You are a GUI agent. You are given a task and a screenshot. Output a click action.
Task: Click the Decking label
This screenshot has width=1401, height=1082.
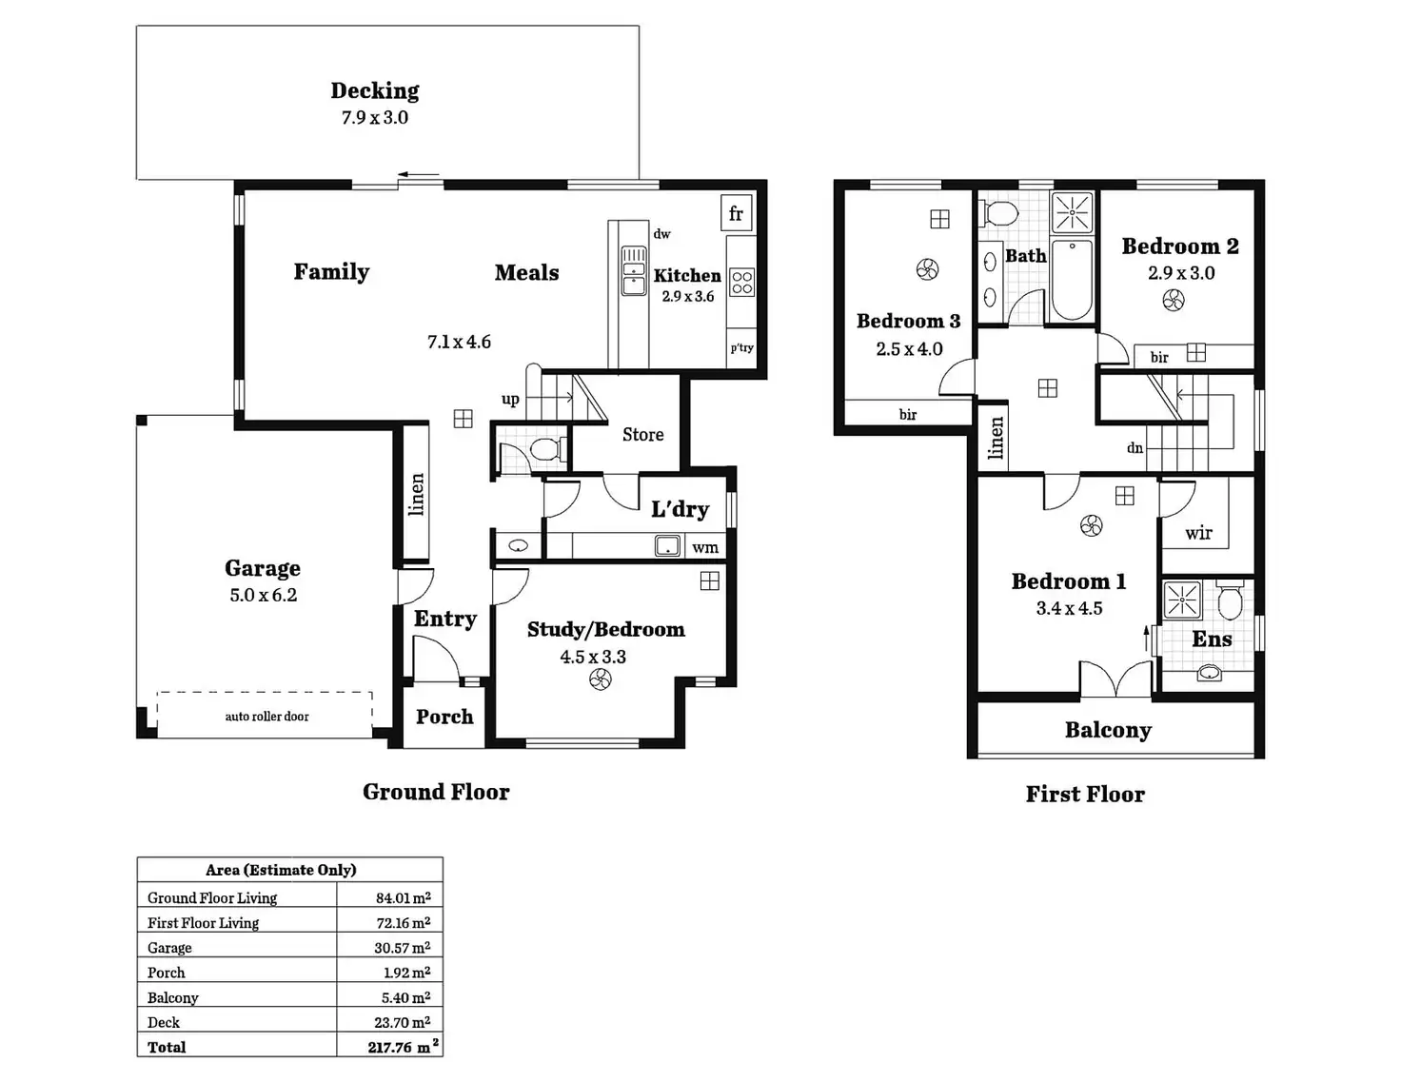[x=375, y=91]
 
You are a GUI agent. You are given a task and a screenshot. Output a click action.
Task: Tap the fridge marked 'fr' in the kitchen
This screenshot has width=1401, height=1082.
[x=736, y=214]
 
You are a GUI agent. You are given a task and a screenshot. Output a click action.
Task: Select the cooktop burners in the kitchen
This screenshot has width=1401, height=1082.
[x=742, y=282]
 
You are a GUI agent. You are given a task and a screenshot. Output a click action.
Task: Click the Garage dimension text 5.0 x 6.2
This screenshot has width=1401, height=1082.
[x=264, y=596]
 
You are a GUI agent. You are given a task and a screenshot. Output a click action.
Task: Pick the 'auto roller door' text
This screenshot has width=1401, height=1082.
[x=266, y=717]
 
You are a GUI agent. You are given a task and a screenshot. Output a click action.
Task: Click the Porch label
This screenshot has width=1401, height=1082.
[x=444, y=718]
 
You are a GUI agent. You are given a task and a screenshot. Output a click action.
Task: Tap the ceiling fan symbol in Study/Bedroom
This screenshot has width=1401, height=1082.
[x=600, y=679]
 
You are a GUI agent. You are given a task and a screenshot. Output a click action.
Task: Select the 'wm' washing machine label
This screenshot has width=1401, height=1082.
[x=705, y=547]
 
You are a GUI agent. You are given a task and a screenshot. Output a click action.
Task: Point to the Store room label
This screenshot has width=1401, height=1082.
[x=643, y=435]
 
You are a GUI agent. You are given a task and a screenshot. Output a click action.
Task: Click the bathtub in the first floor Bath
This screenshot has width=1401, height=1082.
[x=1073, y=280]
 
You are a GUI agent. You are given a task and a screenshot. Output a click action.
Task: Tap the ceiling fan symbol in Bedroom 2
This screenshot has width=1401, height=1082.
[x=1174, y=301]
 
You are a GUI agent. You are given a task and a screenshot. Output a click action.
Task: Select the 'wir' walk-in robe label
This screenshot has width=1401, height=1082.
[x=1199, y=533]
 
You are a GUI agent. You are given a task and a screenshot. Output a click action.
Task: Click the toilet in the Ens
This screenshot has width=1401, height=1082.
[x=1230, y=600]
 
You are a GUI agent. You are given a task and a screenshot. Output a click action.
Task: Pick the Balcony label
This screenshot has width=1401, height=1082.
[x=1108, y=731]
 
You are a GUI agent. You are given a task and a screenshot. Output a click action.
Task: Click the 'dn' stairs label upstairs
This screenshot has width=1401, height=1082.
[x=1135, y=448]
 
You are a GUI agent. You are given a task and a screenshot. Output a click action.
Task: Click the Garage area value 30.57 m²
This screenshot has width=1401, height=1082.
[x=403, y=948]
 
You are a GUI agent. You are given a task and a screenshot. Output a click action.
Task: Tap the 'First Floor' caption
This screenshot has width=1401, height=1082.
[x=1085, y=795]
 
